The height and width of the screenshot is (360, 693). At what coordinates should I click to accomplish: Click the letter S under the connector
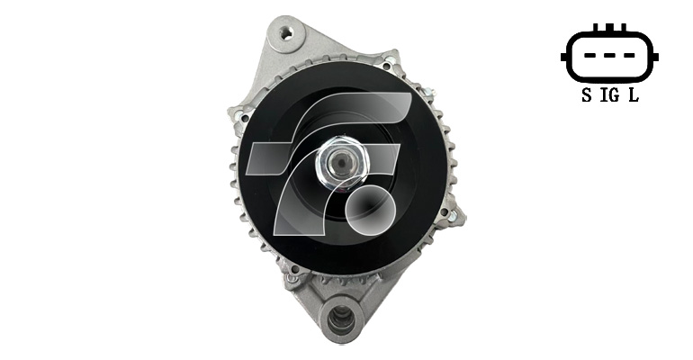[x=587, y=95]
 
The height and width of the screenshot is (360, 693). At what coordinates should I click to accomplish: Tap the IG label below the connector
[x=609, y=95]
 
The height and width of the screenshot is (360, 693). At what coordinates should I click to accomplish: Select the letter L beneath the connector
[x=634, y=95]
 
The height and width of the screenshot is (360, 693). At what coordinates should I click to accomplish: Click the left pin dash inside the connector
[x=590, y=56]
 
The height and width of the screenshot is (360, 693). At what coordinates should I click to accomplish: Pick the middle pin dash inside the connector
[x=609, y=56]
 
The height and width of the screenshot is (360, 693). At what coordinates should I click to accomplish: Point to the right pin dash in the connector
[x=628, y=56]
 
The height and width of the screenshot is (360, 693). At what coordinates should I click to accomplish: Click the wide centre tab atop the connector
[x=609, y=27]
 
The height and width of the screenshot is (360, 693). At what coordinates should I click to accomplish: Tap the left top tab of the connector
[x=595, y=27]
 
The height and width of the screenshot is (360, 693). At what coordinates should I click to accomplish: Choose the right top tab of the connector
[x=624, y=27]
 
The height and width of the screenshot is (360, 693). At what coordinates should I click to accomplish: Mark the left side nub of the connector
[x=563, y=57]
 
